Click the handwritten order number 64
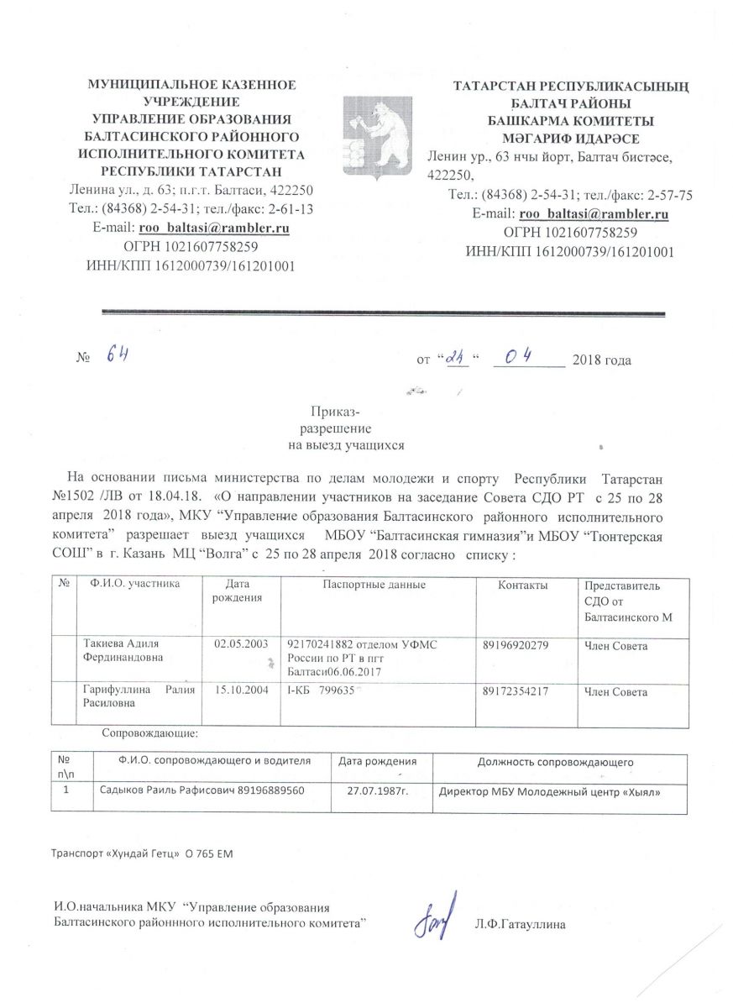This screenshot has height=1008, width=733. (x=115, y=356)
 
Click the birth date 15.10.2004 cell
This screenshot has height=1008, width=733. (x=241, y=691)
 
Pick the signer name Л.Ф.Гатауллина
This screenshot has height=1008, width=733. (x=520, y=924)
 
